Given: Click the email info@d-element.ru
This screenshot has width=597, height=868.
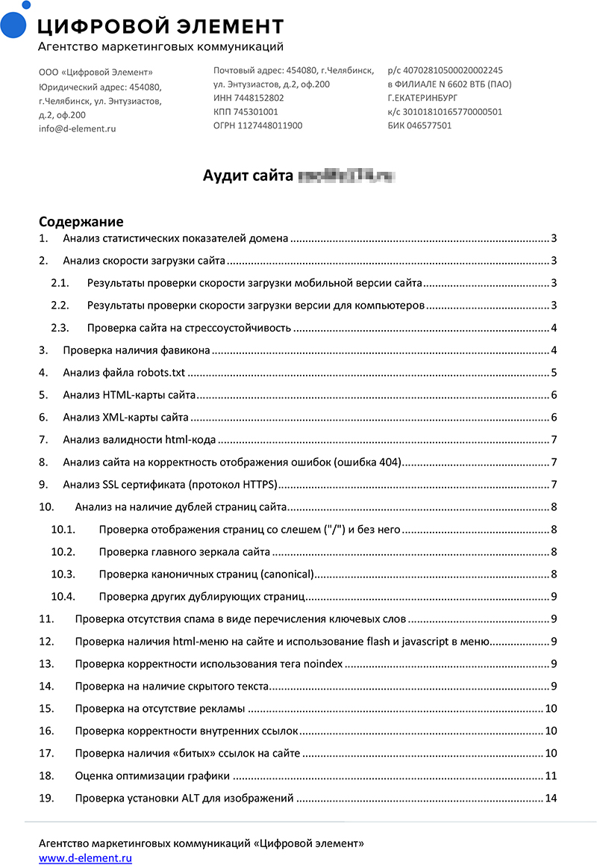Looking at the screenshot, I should [x=77, y=128].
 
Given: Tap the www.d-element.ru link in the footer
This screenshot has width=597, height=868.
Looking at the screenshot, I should [x=85, y=858].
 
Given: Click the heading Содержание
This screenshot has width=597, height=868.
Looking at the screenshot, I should [x=81, y=222].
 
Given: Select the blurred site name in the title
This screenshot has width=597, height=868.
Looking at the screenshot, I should [x=346, y=176].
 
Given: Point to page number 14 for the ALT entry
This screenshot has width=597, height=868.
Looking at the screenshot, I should [x=551, y=799].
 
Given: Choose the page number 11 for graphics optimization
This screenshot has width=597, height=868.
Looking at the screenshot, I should [x=551, y=776].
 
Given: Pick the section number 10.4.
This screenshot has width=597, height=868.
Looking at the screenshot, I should [x=64, y=596].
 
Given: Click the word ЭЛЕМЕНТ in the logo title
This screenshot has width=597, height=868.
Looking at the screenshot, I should [x=231, y=27].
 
